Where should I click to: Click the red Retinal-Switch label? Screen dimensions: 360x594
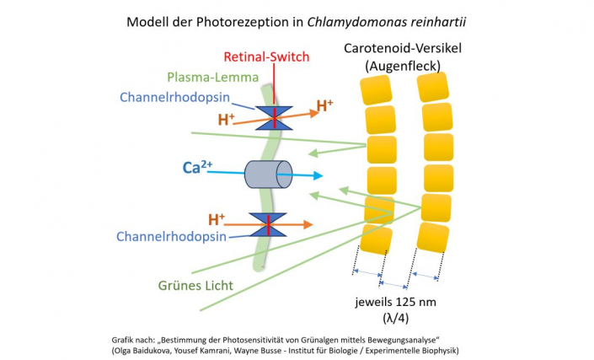[266, 57]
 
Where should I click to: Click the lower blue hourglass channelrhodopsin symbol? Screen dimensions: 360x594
[270, 225]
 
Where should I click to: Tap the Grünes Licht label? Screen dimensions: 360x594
[195, 285]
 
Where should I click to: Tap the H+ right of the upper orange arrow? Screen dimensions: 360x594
[325, 106]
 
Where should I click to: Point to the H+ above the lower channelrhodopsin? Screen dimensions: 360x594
[217, 218]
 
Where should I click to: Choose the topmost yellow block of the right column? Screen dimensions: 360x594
[433, 87]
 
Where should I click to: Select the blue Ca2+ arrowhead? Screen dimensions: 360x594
[318, 176]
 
